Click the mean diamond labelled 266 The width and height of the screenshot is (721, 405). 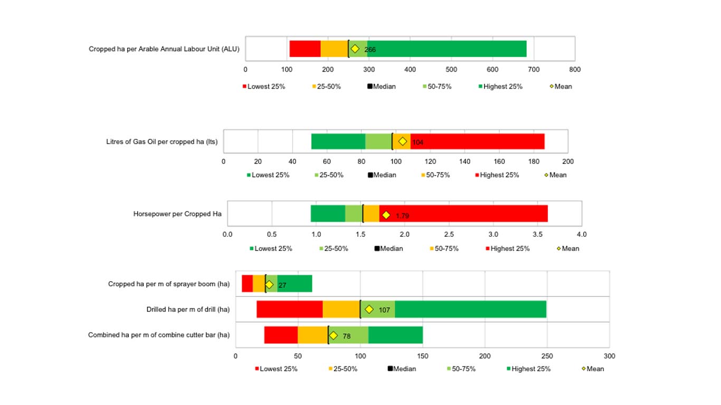point(355,49)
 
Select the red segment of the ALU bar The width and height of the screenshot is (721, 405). point(305,49)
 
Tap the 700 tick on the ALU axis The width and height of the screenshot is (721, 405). point(534,69)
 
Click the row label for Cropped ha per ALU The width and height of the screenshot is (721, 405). point(164,50)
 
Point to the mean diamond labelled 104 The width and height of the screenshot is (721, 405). point(403,141)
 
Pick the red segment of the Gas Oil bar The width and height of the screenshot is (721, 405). point(477,141)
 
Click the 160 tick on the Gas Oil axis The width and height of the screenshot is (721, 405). point(499,161)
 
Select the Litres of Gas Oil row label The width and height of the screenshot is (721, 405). point(162,142)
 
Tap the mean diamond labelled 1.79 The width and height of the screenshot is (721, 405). point(386,215)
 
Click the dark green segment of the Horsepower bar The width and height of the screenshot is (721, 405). point(328,214)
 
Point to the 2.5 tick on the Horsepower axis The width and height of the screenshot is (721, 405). point(449,234)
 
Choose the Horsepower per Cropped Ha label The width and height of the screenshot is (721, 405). point(177,214)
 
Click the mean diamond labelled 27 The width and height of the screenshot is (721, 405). point(269,285)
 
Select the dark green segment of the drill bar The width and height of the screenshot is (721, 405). point(470,310)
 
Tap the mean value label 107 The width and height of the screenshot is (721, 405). point(384,310)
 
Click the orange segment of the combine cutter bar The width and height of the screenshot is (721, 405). point(312,335)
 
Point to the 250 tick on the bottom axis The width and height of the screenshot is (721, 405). point(547,356)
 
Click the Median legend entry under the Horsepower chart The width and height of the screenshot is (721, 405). point(388,248)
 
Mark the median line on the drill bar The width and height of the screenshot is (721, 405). point(360,310)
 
